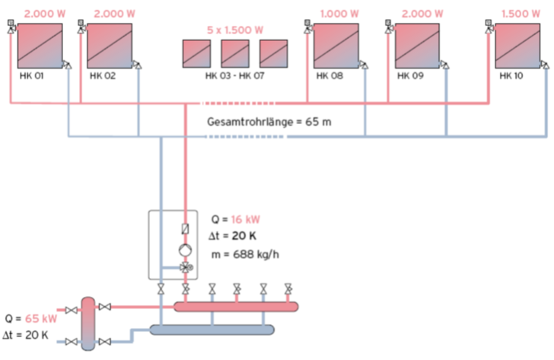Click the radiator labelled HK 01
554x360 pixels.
[40, 45]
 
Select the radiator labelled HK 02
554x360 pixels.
[110, 45]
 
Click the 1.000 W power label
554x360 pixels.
[337, 13]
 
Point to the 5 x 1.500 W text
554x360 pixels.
[235, 30]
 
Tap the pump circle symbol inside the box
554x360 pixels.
[184, 250]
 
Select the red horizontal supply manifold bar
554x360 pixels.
[236, 307]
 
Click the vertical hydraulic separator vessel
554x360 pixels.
[88, 323]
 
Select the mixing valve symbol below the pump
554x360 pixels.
[184, 268]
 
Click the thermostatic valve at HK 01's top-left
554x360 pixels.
[9, 24]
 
